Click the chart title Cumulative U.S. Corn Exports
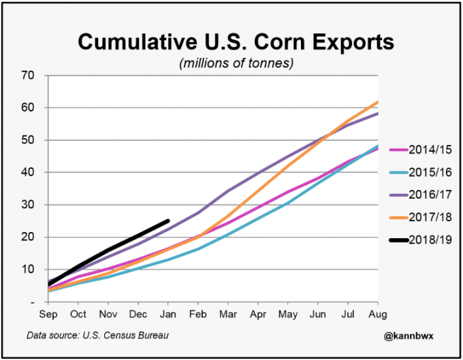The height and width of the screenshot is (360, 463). [x=236, y=42]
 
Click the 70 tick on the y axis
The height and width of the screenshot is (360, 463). [x=29, y=75]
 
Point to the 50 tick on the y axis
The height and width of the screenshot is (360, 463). [x=29, y=140]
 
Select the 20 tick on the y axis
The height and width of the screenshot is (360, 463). [x=29, y=237]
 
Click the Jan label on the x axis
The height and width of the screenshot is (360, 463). [x=167, y=314]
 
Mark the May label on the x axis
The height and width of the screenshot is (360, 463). [x=288, y=314]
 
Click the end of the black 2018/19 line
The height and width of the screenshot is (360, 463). [x=168, y=220]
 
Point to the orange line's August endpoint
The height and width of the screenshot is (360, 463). [x=378, y=102]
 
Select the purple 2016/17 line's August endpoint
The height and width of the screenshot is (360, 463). [x=378, y=114]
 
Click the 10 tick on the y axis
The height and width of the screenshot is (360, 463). [x=29, y=269]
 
